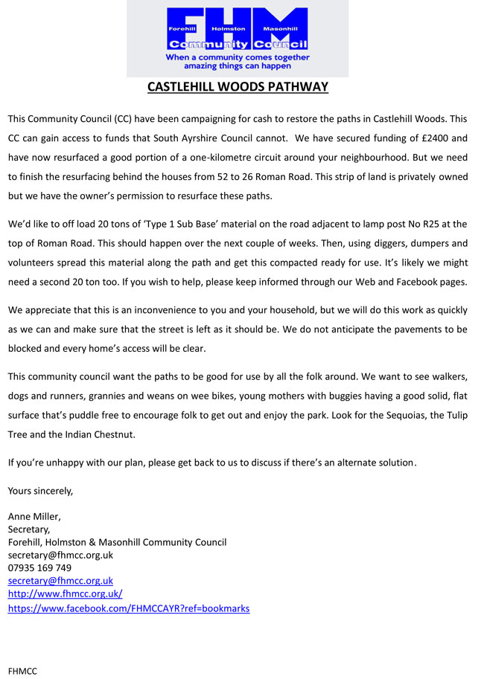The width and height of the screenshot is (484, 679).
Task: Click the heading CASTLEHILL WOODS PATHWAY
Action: click(238, 87)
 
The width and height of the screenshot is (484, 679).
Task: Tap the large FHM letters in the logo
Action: click(238, 22)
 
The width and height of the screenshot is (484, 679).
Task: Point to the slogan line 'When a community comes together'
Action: click(238, 57)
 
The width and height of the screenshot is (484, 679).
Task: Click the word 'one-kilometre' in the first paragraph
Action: click(247, 158)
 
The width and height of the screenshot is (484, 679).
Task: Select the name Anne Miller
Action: click(34, 516)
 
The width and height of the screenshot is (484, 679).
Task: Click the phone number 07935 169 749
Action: click(39, 567)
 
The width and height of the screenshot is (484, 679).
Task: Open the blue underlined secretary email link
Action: click(60, 580)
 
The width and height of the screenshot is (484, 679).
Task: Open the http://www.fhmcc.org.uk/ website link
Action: click(65, 593)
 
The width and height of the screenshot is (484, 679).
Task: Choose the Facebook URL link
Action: click(128, 608)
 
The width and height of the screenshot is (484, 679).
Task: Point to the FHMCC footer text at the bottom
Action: click(22, 670)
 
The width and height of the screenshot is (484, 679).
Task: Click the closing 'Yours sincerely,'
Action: click(40, 490)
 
